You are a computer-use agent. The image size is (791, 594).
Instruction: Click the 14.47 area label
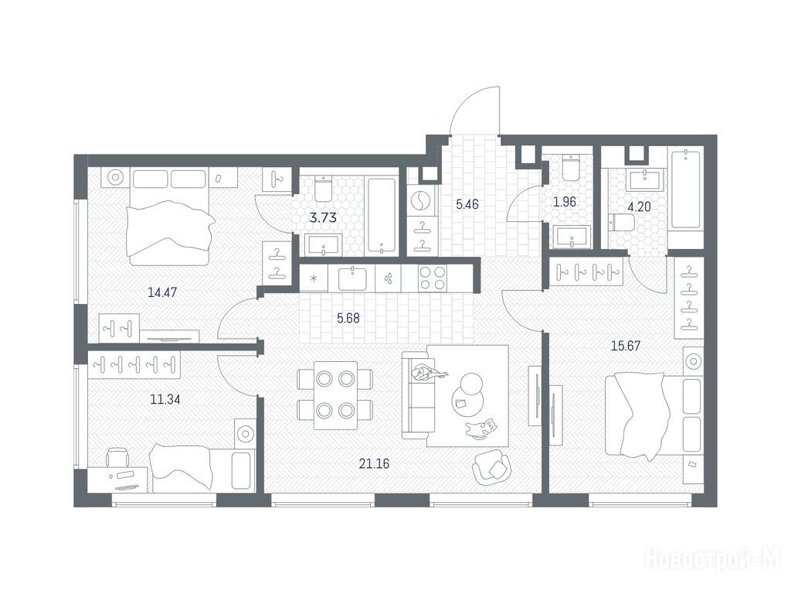pos(162,292)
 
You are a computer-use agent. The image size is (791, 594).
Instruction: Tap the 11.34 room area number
pos(165,400)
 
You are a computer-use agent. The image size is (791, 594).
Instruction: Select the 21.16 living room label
pos(374,463)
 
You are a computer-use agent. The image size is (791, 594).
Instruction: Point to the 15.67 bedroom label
pos(626,346)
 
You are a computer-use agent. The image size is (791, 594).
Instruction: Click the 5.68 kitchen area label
pos(348,318)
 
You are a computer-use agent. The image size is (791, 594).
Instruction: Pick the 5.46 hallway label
pos(467,204)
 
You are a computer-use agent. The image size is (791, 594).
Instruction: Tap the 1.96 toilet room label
pos(564,202)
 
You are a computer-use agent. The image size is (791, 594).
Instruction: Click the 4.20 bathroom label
pos(639,207)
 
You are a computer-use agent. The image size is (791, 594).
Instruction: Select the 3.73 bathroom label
pos(323,218)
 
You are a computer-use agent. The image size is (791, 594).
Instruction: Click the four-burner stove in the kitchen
pos(433,278)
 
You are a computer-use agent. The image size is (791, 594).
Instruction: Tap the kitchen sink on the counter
pos(352,278)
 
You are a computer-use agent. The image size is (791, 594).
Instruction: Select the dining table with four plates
pos(335,395)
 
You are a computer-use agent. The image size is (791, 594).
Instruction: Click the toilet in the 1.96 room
pos(572,168)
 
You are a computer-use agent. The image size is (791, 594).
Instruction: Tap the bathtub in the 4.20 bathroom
pos(686,188)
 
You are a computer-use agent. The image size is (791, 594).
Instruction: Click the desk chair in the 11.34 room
pos(117,458)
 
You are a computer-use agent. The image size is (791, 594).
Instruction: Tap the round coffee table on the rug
pos(467,393)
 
